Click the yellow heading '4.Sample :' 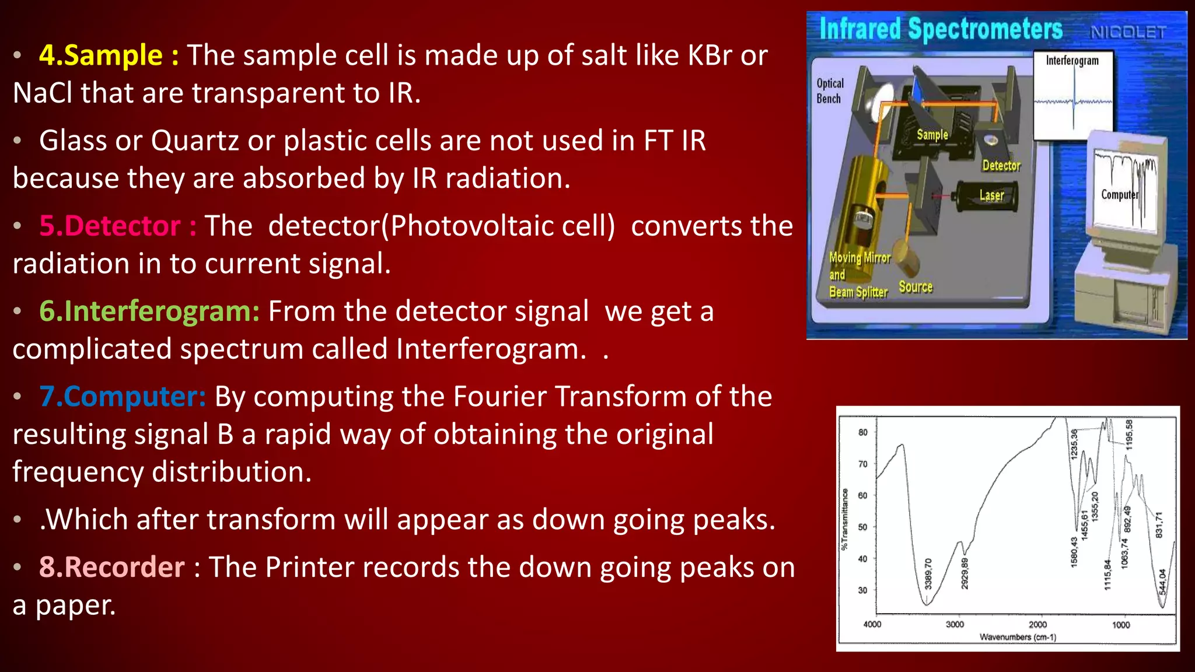pos(109,56)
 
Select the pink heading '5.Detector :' pos(117,226)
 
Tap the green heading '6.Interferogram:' pos(149,311)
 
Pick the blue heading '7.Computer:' pos(123,397)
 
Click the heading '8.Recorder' pos(111,568)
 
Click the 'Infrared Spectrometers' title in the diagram pos(941,29)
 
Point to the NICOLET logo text pos(1128,32)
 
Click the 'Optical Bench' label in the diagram pos(830,91)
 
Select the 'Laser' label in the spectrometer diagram pos(991,195)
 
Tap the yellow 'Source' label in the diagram pos(915,287)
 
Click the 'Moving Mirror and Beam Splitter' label pos(859,275)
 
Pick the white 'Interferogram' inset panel pos(1072,94)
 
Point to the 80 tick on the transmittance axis pos(862,432)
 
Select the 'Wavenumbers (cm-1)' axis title pos(1018,637)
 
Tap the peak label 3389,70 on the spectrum pos(928,573)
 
